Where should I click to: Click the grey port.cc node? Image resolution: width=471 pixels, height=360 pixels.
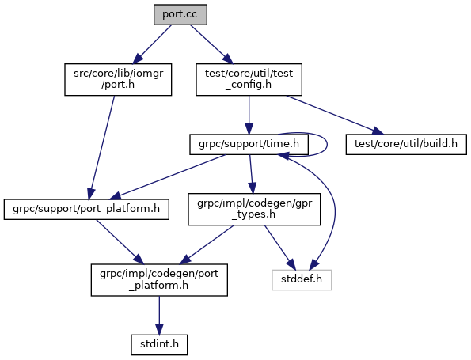[x=180, y=14]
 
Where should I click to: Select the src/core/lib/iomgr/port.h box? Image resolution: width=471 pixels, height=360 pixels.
[x=118, y=79]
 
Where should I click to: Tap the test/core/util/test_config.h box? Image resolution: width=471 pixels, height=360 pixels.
[x=249, y=79]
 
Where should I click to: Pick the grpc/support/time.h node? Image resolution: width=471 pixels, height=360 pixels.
[x=249, y=145]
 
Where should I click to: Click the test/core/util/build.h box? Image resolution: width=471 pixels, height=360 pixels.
[x=406, y=145]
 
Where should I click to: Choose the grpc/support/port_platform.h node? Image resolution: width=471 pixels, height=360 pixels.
[x=86, y=209]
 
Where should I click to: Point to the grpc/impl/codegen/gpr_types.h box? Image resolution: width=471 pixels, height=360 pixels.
[x=254, y=209]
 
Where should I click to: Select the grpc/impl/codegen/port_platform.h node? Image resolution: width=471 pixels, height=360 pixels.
[x=159, y=280]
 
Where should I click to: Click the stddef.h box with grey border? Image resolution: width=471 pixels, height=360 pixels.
[x=302, y=280]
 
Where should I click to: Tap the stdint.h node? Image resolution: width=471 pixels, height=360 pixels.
[x=159, y=345]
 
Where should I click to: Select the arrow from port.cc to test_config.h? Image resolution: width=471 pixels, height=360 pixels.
[x=212, y=44]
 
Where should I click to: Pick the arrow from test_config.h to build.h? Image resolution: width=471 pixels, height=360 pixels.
[x=335, y=115]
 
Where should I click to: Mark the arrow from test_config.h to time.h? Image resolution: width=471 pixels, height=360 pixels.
[x=249, y=115]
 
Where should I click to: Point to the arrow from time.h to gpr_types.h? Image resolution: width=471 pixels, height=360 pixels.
[x=251, y=174]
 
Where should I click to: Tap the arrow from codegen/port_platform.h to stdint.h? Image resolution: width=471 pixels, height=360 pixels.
[x=159, y=315]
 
